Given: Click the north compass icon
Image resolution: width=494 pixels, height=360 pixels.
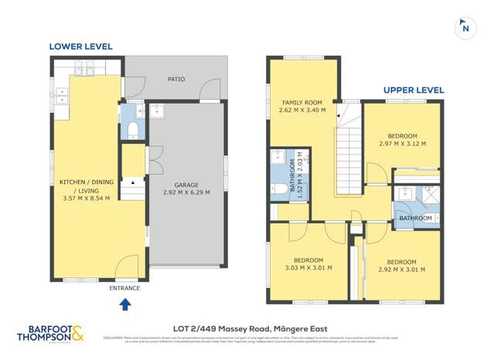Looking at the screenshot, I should click(465, 27).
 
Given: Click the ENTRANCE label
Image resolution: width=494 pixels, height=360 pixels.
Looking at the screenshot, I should click(125, 288).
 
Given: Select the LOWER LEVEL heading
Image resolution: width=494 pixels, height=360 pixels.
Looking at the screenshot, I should click(80, 46).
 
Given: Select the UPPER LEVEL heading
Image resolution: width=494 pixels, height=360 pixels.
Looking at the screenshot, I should click(414, 90).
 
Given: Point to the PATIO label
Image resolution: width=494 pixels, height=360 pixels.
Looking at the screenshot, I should click(176, 79).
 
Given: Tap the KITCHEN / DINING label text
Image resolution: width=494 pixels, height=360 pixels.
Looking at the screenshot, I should click(86, 182).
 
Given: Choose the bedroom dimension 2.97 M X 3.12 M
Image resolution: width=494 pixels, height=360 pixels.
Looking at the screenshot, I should click(403, 143).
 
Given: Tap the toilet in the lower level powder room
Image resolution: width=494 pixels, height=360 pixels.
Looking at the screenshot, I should click(132, 127).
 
